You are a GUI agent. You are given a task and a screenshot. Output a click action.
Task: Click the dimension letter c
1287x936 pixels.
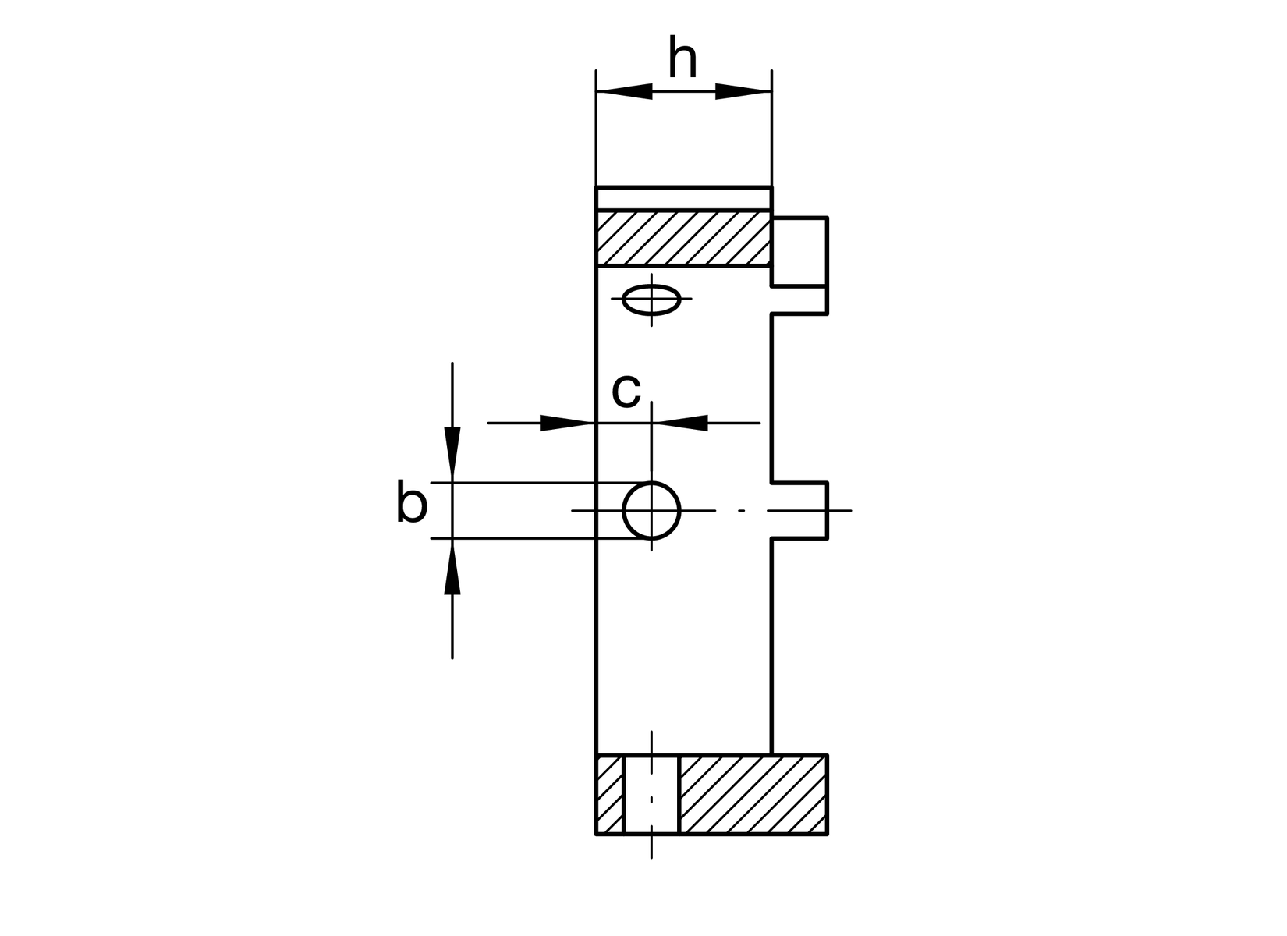(x=626, y=391)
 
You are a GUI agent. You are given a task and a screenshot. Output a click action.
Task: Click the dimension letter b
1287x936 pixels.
(x=412, y=501)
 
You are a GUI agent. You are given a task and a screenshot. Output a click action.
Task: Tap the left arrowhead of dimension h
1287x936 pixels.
(x=625, y=91)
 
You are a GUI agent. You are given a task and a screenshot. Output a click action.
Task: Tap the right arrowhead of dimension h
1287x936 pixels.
(x=743, y=91)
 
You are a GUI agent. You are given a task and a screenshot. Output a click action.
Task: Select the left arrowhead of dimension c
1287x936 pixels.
(x=567, y=423)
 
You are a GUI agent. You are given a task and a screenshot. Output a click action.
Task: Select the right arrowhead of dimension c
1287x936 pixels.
(x=679, y=423)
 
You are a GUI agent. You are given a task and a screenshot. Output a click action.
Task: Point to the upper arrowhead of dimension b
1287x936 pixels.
(x=452, y=454)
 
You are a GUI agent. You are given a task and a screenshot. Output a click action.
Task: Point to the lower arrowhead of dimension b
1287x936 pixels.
(x=452, y=567)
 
